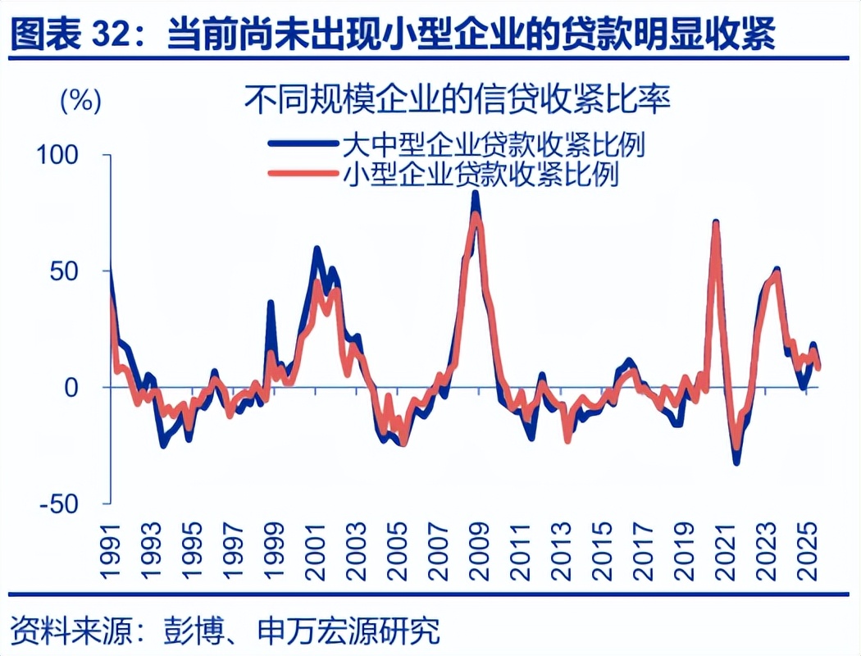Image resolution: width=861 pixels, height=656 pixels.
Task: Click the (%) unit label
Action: click(80, 101)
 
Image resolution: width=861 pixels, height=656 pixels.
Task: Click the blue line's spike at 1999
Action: click(271, 303)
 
